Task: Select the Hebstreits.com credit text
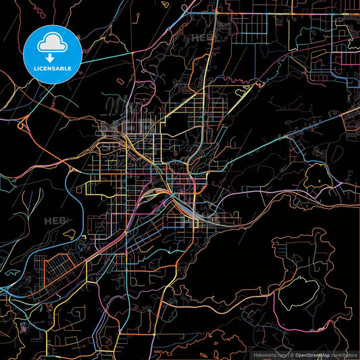click(x=269, y=354)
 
